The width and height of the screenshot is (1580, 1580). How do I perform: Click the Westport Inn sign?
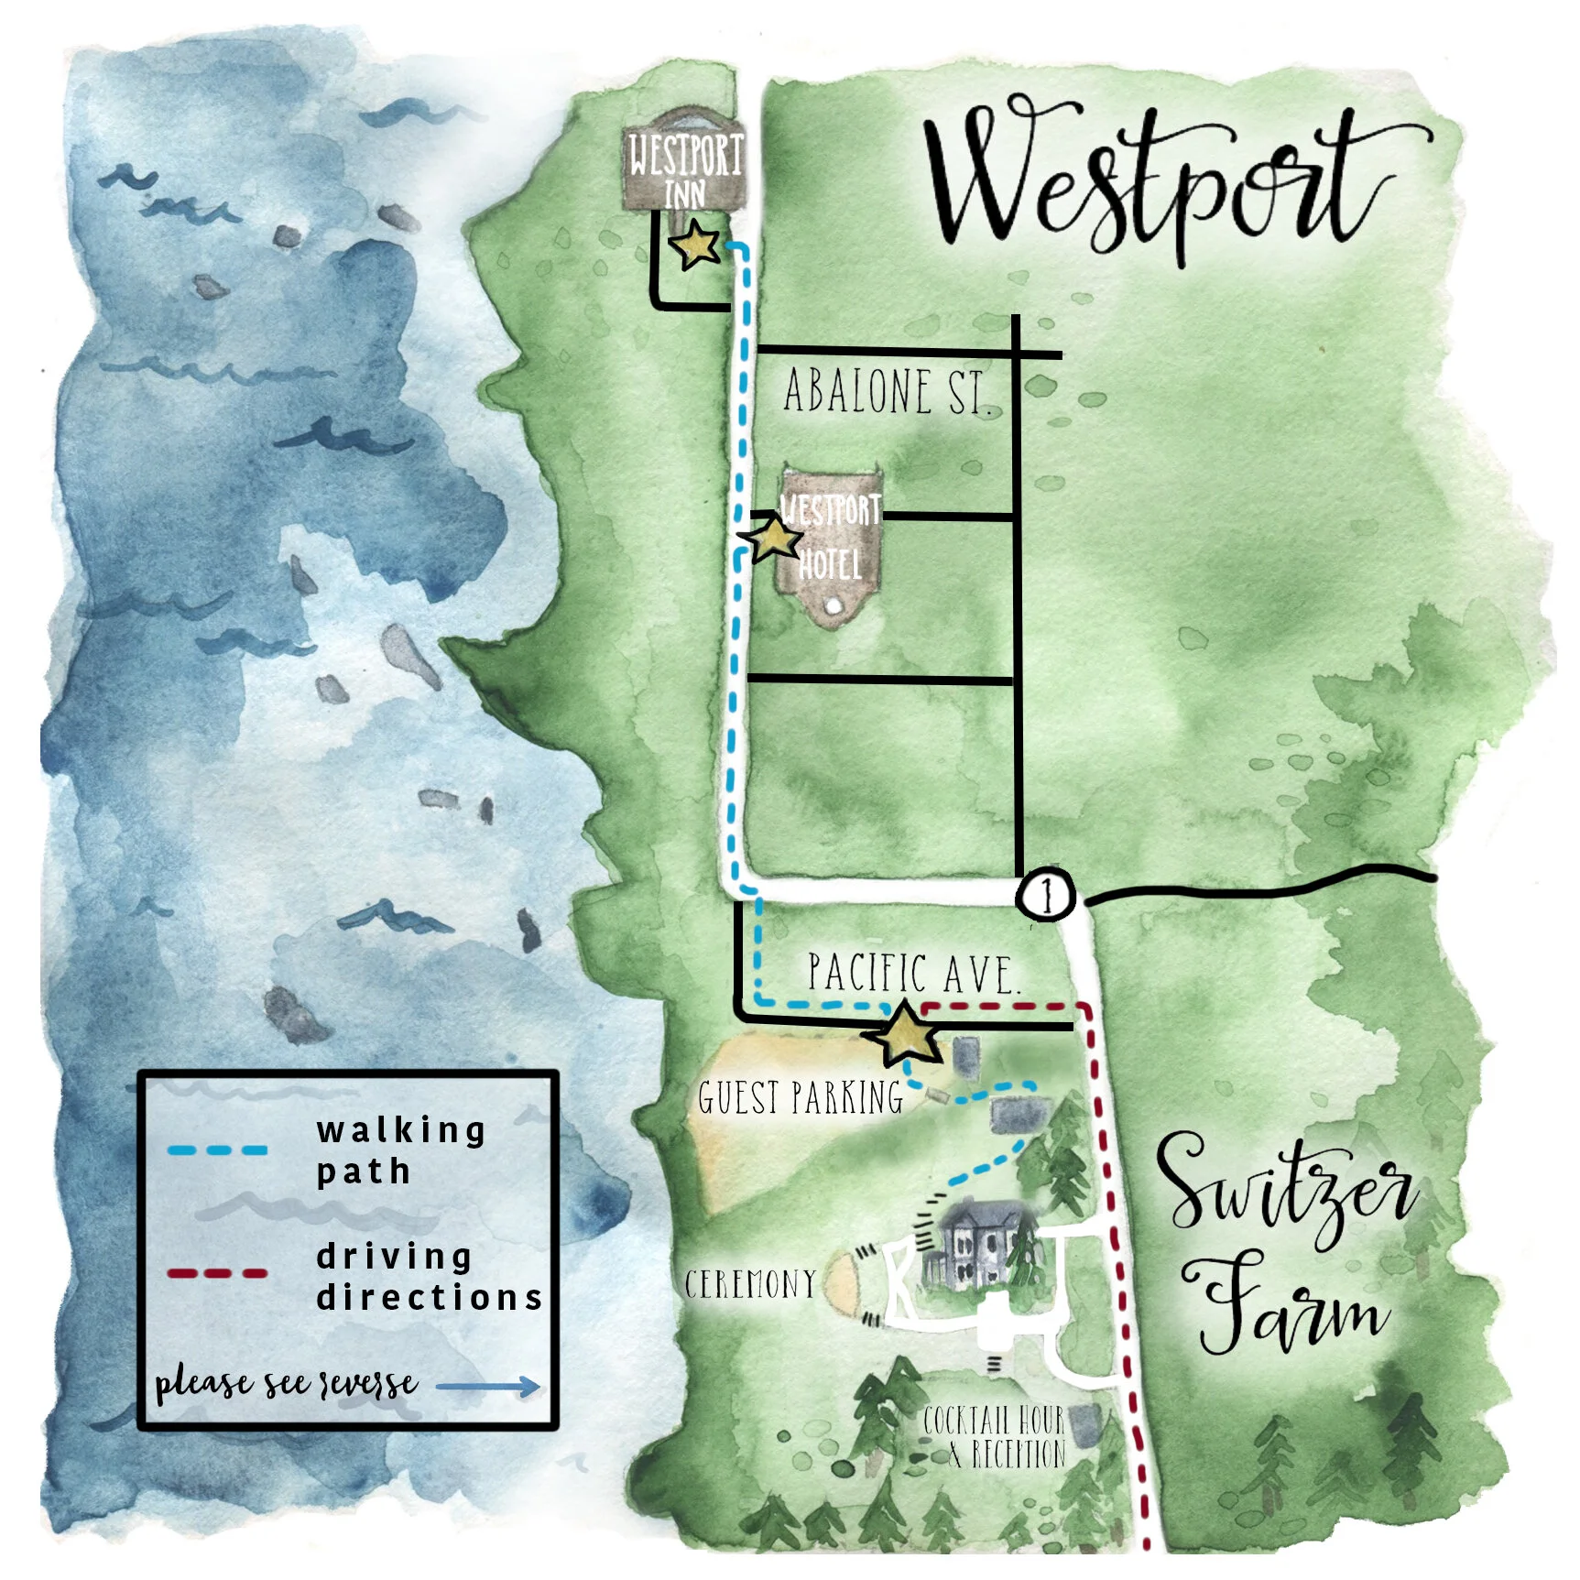pos(684,165)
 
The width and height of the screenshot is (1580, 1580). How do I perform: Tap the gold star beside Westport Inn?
pos(694,245)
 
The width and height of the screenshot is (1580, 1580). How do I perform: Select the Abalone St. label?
pos(887,392)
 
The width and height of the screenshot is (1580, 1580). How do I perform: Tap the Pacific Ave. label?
pos(912,973)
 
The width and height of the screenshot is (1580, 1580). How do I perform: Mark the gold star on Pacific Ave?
pos(906,1034)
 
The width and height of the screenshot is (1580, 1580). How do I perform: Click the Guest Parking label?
pos(800,1097)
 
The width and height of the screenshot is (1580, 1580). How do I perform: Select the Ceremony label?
pos(750,1284)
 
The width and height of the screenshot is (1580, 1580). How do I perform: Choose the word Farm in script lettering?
pos(1291,1305)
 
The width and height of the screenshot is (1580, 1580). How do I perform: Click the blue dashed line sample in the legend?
pos(218,1150)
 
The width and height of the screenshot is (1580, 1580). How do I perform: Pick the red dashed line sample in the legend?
pos(218,1273)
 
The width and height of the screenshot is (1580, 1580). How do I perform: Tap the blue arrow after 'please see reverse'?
pos(488,1387)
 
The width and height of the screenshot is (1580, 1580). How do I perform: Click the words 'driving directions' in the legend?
pos(429,1277)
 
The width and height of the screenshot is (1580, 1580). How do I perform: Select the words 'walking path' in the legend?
pos(400,1150)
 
